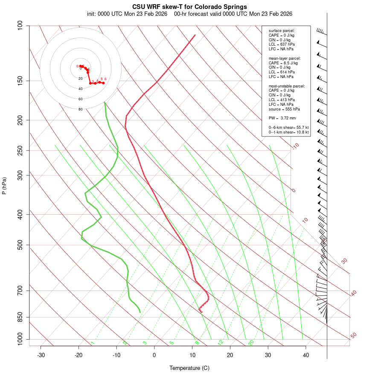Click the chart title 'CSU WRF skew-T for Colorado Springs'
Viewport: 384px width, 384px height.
pyautogui.click(x=189, y=7)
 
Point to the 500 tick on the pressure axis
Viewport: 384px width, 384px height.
pyautogui.click(x=20, y=245)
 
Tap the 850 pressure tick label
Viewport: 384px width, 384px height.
pyautogui.click(x=20, y=317)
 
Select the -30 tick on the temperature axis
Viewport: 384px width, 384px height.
pyautogui.click(x=41, y=355)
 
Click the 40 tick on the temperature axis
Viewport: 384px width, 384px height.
pyautogui.click(x=306, y=355)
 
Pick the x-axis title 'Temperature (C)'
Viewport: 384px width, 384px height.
pyautogui.click(x=189, y=368)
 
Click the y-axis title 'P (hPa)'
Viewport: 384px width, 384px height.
pyautogui.click(x=4, y=186)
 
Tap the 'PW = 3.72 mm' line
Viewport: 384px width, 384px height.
pyautogui.click(x=282, y=118)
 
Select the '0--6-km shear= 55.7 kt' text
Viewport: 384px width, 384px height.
pyautogui.click(x=288, y=127)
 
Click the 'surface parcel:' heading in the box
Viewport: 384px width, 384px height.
pyautogui.click(x=282, y=31)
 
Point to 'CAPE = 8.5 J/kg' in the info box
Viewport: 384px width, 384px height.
pyautogui.click(x=283, y=63)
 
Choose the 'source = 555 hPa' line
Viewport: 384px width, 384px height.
pyautogui.click(x=283, y=109)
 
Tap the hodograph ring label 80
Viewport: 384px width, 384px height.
pyautogui.click(x=80, y=109)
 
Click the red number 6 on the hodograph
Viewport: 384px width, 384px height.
pyautogui.click(x=105, y=79)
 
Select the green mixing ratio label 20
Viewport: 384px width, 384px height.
pyautogui.click(x=251, y=342)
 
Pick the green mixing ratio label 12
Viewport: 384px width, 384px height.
pyautogui.click(x=221, y=342)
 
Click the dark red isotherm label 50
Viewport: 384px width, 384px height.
pyautogui.click(x=353, y=335)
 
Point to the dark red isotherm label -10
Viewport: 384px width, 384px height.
pyautogui.click(x=295, y=146)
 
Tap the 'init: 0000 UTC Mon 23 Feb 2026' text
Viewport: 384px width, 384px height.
pyautogui.click(x=128, y=14)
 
